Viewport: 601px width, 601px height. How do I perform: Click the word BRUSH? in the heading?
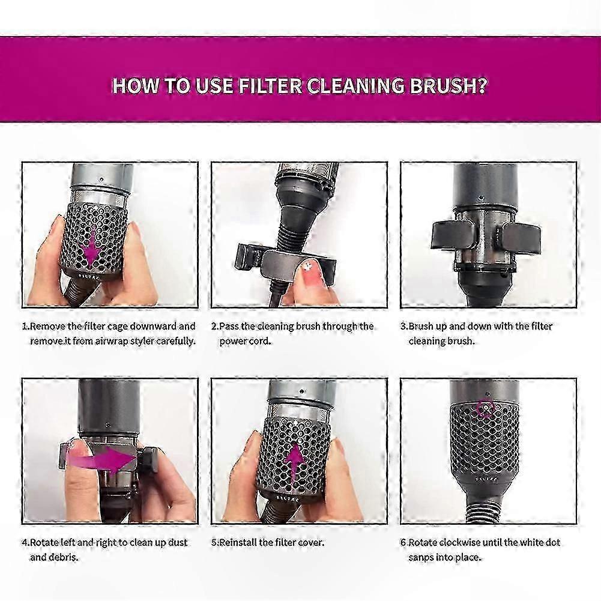click(448, 85)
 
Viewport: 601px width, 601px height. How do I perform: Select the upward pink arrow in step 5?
click(294, 462)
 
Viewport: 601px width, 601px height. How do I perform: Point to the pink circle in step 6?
click(485, 408)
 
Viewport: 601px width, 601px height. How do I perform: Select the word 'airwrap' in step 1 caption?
click(110, 341)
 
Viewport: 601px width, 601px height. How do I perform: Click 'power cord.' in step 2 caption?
click(245, 341)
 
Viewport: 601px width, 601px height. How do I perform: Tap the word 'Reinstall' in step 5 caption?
click(238, 543)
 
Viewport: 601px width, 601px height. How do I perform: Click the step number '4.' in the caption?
click(25, 543)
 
